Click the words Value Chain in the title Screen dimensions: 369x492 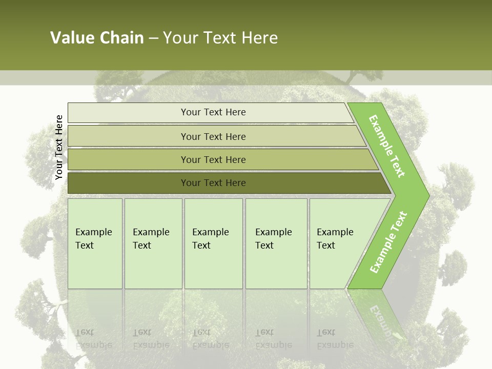click(97, 38)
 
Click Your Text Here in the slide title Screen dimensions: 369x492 click(220, 38)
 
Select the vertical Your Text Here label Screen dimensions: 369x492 click(59, 148)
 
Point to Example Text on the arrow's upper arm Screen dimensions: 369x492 click(387, 146)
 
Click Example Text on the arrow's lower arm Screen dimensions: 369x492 click(388, 242)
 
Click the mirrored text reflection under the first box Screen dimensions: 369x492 click(94, 339)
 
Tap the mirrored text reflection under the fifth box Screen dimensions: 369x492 click(335, 339)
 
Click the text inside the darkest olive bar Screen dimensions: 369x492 click(213, 183)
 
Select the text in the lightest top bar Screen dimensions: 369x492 click(213, 112)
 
